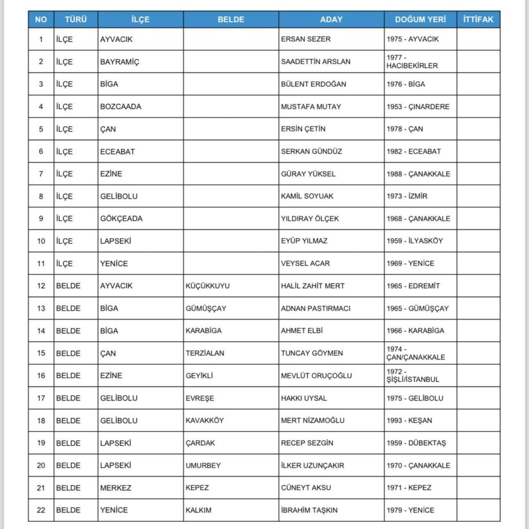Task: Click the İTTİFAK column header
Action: point(478,20)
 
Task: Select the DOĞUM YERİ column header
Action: point(420,20)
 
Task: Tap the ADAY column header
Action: point(331,20)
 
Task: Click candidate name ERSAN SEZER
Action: point(306,39)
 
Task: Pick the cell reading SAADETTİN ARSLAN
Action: point(316,61)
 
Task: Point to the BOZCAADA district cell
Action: point(120,106)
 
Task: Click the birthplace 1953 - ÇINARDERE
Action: point(418,106)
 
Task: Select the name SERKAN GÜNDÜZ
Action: point(312,151)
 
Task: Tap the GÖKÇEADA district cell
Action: point(121,219)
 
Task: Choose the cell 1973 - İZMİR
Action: point(407,196)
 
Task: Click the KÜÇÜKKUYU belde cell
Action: point(208,286)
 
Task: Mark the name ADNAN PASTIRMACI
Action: point(316,308)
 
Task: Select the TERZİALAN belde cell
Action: point(205,353)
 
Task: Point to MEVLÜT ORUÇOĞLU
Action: point(317,376)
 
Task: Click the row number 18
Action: point(41,421)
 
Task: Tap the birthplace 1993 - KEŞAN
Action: point(409,421)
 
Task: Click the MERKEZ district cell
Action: point(116,488)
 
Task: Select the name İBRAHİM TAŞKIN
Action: point(309,510)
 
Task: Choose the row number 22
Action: point(41,510)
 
